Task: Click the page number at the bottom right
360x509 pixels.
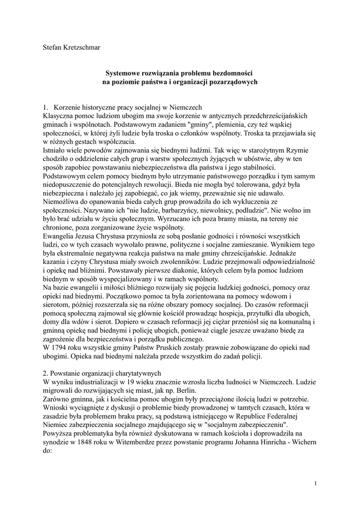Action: [316, 483]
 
